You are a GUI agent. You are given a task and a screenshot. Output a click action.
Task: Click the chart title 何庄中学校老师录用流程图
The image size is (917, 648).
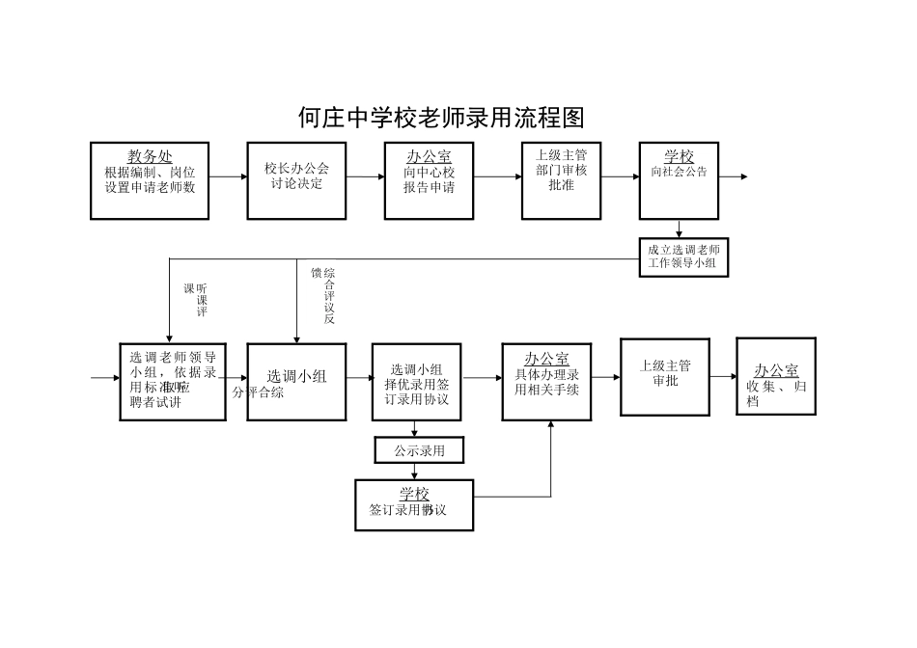(x=441, y=118)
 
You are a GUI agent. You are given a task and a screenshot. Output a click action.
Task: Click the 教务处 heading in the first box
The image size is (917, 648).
(x=150, y=156)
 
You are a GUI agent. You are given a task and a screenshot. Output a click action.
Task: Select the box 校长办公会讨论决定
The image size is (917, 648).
(x=296, y=179)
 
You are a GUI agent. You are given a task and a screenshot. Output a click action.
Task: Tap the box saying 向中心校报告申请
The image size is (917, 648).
(x=429, y=180)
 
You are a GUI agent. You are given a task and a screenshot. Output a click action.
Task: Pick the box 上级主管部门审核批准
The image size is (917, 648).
(x=561, y=180)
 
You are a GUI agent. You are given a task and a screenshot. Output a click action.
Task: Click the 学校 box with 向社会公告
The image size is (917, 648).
(x=679, y=180)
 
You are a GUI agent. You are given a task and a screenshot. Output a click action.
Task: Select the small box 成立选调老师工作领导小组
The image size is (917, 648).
(x=683, y=257)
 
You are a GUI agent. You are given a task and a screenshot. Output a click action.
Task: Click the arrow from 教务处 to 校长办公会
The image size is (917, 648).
(x=228, y=176)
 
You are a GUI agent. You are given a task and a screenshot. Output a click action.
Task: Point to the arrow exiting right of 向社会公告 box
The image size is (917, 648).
(x=733, y=176)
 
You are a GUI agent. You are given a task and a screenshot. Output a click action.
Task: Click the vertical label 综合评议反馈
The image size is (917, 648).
(x=322, y=295)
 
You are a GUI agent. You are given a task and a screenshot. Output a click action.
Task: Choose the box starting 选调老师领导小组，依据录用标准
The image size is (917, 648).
(x=173, y=382)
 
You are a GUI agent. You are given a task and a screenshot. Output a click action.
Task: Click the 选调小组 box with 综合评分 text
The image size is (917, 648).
(x=296, y=382)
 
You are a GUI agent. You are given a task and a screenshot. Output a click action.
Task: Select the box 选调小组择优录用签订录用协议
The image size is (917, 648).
(x=418, y=382)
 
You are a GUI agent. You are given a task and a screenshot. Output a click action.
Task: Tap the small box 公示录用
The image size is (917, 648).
(x=416, y=449)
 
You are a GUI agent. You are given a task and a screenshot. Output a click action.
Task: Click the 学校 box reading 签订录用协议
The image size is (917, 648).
(x=414, y=504)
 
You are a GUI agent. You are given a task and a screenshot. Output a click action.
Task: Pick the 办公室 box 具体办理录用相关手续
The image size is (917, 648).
(x=546, y=381)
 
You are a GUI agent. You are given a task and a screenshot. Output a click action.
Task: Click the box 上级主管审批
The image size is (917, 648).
(x=665, y=376)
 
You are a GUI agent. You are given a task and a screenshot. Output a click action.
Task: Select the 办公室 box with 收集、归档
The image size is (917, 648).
(x=776, y=376)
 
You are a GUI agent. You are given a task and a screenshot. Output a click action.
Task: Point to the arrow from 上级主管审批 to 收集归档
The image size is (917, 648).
(x=723, y=377)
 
